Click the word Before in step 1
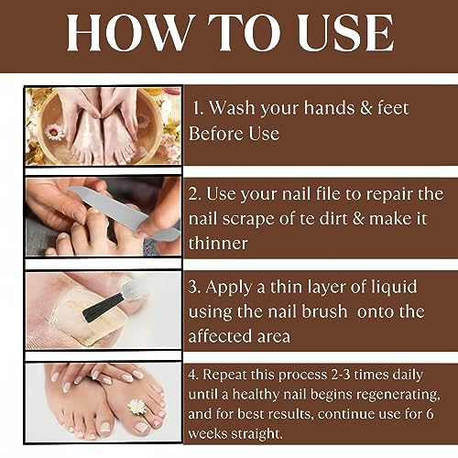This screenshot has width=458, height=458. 218,134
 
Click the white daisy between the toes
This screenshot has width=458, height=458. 136,406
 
